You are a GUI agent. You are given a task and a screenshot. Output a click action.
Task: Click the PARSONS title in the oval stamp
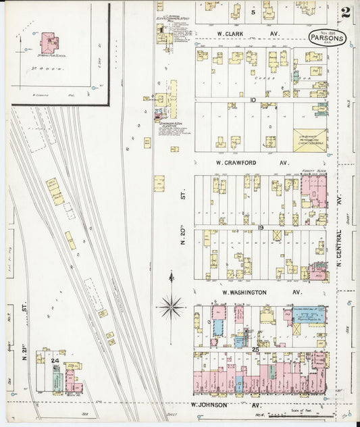click(x=327, y=38)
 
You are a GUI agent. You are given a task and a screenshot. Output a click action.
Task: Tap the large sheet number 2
click(x=346, y=11)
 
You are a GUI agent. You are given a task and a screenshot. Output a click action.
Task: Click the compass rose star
click(x=172, y=305)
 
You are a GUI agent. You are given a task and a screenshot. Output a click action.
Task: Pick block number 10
click(x=252, y=99)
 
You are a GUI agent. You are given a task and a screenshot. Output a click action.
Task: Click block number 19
click(x=259, y=228)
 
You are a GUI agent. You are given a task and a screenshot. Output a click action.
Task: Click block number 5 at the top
click(x=254, y=12)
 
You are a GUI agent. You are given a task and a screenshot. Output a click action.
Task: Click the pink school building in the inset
click(x=49, y=43)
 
